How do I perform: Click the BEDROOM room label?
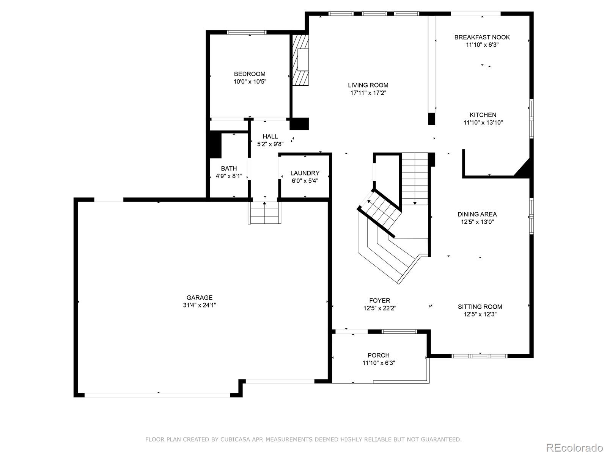click(250, 74)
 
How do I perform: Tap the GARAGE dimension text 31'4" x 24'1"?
click(199, 305)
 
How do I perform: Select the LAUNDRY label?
click(305, 173)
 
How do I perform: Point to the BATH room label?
click(229, 168)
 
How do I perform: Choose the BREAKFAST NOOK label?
click(482, 37)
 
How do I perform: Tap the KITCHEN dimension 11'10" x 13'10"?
click(483, 122)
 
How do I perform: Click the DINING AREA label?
click(477, 214)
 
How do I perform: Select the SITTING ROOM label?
click(480, 307)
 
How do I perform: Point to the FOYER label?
click(379, 301)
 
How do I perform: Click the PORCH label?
click(378, 355)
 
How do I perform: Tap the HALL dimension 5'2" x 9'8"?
click(270, 144)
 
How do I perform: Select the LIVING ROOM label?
click(368, 85)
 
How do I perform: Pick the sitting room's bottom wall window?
click(480, 356)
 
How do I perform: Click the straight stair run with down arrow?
click(415, 178)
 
